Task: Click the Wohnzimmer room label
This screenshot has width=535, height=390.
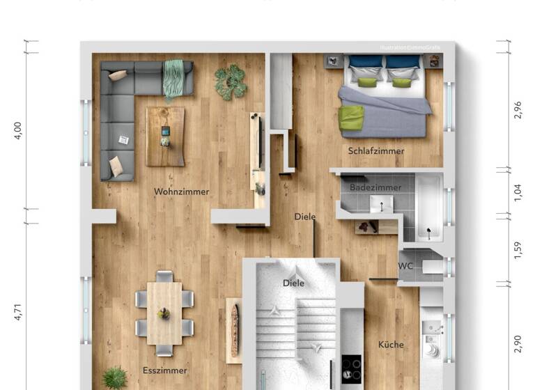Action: pos(181,192)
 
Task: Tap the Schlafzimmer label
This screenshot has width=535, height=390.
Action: pos(376,150)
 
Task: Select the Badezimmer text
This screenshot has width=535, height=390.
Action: pos(375,187)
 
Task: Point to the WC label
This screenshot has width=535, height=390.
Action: pos(405,266)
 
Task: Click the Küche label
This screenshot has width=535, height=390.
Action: pos(391,344)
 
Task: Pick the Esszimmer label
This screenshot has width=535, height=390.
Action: pos(164,370)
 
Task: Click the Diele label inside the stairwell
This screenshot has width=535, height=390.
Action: pos(293,283)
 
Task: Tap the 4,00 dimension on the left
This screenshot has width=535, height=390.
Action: pos(18,130)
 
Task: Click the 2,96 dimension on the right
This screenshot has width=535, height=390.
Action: pos(518,110)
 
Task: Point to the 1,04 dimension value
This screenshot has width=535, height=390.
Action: pos(518,192)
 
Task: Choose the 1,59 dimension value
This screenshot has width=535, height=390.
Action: pos(518,250)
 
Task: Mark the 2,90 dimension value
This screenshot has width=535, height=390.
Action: pos(518,344)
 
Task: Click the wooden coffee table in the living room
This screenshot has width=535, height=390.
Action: pos(165,136)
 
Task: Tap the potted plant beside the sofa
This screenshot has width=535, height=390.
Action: pos(231,82)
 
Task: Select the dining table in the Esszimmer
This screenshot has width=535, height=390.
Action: pos(164,313)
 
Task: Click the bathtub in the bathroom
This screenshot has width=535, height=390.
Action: pos(429,208)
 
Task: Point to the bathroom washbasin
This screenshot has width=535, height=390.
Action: pos(381,203)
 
